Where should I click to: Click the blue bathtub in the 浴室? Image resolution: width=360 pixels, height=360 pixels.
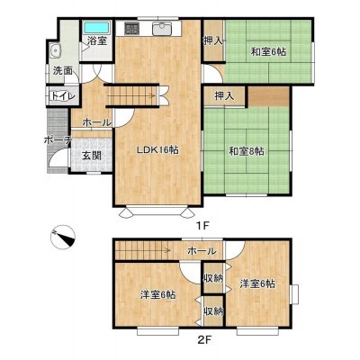pyautogui.click(x=96, y=28)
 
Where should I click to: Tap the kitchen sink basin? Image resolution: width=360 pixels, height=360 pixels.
pyautogui.click(x=162, y=29)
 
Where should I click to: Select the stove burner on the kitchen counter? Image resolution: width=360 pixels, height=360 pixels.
pyautogui.click(x=131, y=28)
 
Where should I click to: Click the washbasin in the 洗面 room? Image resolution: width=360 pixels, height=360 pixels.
pyautogui.click(x=55, y=50)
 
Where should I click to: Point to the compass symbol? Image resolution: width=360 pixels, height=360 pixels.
pyautogui.click(x=63, y=237)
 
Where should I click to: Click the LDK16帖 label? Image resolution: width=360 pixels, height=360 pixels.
pyautogui.click(x=158, y=149)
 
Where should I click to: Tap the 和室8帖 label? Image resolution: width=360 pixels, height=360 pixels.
pyautogui.click(x=247, y=151)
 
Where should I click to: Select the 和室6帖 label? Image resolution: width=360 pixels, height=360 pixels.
pyautogui.click(x=268, y=52)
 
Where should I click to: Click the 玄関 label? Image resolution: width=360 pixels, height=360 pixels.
pyautogui.click(x=92, y=156)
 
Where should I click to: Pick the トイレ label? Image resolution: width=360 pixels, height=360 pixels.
pyautogui.click(x=63, y=96)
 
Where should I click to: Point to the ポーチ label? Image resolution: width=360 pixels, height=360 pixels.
pyautogui.click(x=58, y=139)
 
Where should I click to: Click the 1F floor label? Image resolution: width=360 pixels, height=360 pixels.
pyautogui.click(x=202, y=225)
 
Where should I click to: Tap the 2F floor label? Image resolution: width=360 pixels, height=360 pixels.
pyautogui.click(x=205, y=340)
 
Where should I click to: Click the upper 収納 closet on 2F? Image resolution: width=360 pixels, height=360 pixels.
pyautogui.click(x=213, y=278)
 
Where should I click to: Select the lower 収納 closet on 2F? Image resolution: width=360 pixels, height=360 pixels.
pyautogui.click(x=213, y=311)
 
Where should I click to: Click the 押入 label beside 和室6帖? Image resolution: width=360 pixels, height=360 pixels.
pyautogui.click(x=213, y=40)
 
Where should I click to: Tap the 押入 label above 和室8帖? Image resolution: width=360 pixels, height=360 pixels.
pyautogui.click(x=224, y=96)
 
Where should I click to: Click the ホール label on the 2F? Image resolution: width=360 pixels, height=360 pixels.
pyautogui.click(x=202, y=251)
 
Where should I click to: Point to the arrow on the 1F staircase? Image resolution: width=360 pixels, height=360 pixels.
pyautogui.click(x=130, y=96)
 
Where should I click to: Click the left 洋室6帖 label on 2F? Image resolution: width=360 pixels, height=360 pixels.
pyautogui.click(x=158, y=294)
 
